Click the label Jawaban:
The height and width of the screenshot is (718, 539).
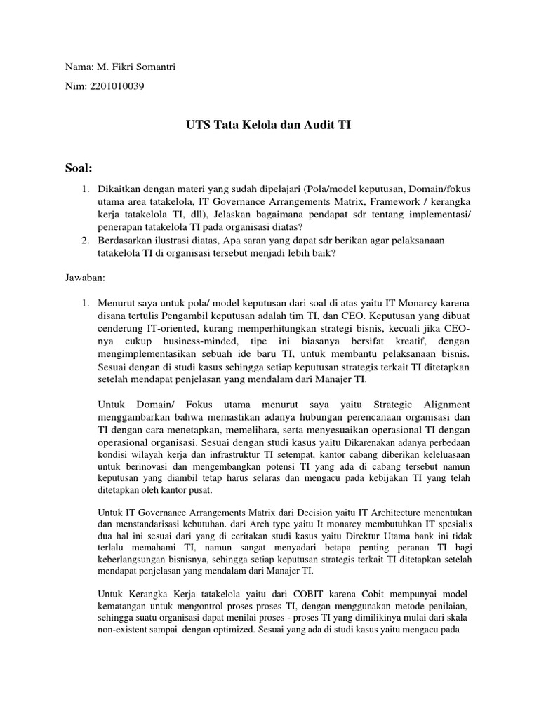(85, 278)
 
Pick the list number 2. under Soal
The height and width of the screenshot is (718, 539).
(84, 240)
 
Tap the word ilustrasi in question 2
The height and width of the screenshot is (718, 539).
(177, 240)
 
